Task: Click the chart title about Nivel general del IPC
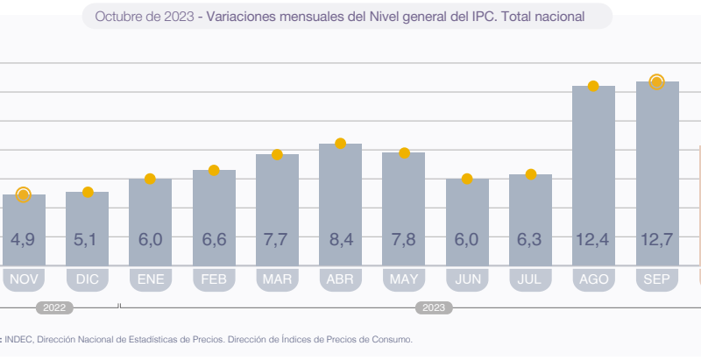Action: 347,16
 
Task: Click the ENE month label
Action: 151,280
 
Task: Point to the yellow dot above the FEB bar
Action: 213,170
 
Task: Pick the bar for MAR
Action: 277,209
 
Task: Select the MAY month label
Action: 404,280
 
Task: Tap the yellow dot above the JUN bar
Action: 467,179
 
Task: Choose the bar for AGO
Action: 593,175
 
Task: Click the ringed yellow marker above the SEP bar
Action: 656,81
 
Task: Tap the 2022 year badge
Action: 54,307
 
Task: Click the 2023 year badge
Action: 434,307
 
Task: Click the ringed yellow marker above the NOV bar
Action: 24,194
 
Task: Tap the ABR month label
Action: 341,280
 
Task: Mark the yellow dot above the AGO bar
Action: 593,86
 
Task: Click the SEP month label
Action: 657,280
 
